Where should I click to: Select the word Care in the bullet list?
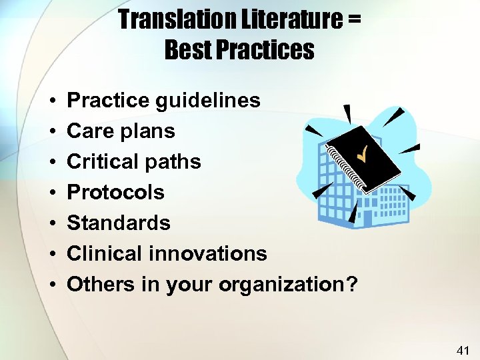91,131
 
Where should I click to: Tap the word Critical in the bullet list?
107,161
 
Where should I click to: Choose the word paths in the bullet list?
177,161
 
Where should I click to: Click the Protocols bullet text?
116,192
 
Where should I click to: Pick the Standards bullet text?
119,223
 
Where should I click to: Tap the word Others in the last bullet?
101,284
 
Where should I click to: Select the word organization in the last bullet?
281,285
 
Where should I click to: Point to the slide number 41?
463,349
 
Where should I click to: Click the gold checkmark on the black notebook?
363,155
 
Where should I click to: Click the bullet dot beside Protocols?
51,193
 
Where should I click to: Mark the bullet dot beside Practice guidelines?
51,101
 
